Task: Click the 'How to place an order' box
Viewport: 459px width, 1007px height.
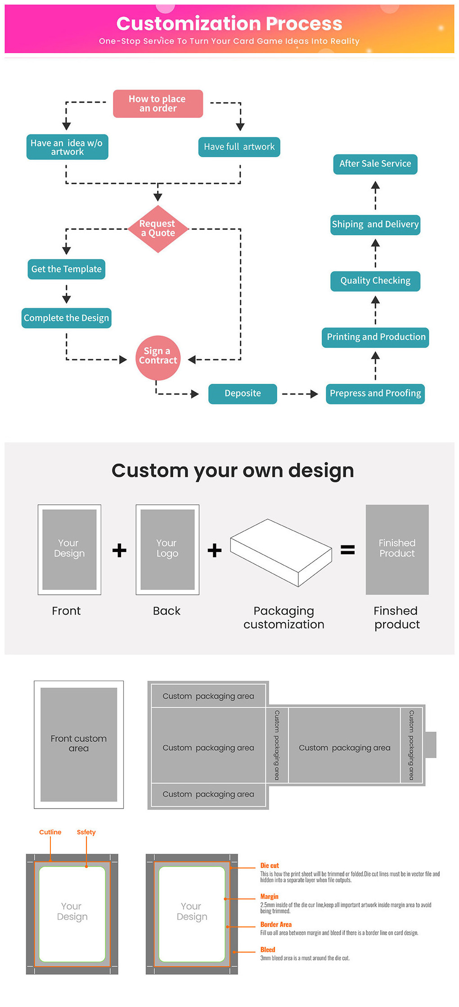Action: (x=157, y=103)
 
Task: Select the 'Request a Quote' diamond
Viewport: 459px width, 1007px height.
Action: (x=157, y=229)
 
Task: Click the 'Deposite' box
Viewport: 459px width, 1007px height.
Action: (x=243, y=394)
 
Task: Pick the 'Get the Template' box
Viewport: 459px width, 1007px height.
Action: (x=66, y=269)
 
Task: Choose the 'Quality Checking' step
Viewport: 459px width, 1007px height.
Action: (x=375, y=281)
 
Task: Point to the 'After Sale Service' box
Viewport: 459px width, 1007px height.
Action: (x=375, y=164)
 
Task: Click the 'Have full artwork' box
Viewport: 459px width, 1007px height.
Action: (x=239, y=147)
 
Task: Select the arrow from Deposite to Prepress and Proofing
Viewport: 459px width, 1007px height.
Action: (x=300, y=394)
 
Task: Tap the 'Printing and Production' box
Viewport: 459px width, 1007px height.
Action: (x=375, y=337)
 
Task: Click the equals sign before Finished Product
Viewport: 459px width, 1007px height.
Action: (x=347, y=549)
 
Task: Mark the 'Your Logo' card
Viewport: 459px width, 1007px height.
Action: (x=167, y=549)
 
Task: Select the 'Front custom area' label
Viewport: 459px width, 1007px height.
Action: (x=79, y=743)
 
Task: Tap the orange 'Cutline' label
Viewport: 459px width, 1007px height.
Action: (x=50, y=832)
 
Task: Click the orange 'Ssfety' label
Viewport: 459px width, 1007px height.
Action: (x=86, y=832)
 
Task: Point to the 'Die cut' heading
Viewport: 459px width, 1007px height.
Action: (x=270, y=865)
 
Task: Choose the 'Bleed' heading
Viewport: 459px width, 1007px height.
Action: (x=268, y=949)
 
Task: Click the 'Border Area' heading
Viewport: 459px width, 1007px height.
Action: (x=276, y=924)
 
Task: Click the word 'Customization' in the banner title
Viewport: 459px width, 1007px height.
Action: (x=189, y=23)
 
